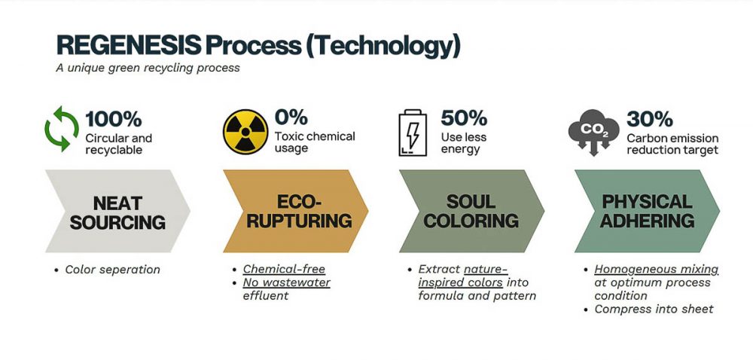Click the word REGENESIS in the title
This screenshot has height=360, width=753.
point(128,46)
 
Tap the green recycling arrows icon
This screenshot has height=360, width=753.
point(62,129)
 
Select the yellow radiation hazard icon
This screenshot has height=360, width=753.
point(245,132)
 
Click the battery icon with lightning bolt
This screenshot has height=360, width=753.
point(413,133)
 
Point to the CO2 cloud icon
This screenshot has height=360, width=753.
point(593,132)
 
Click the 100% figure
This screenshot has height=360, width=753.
point(114,118)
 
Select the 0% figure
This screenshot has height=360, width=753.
point(291,117)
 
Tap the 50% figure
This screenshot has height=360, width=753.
point(464,117)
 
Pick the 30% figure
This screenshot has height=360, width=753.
point(650,118)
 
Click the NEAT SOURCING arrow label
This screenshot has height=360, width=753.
point(117,212)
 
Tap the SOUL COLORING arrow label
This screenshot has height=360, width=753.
point(471,211)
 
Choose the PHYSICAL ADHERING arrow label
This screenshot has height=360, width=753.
point(647,211)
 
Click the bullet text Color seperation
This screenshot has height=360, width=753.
point(112,270)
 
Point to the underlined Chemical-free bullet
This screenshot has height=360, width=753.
point(284,269)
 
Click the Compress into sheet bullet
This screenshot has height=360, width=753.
point(654,309)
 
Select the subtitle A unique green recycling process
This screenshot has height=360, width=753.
point(148,68)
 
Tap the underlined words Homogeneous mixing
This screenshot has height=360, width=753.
point(656,270)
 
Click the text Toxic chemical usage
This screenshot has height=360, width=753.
point(315,142)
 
